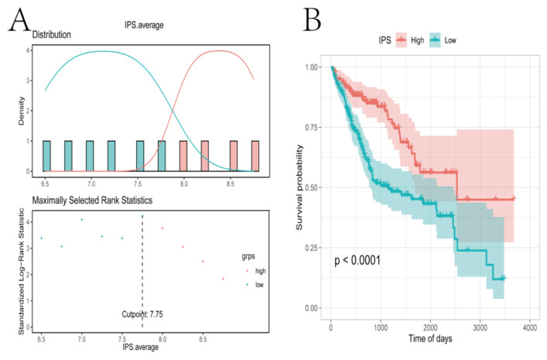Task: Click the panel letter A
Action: click(x=17, y=21)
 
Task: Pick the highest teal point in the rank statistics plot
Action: click(x=81, y=220)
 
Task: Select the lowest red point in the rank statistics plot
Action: click(x=223, y=279)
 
